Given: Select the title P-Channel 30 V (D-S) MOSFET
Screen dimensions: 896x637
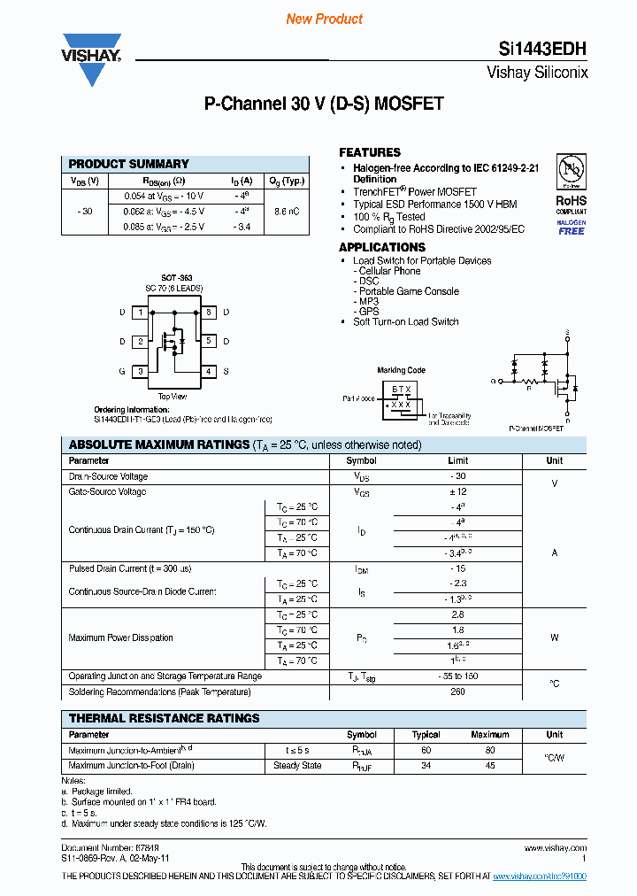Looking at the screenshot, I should pyautogui.click(x=324, y=104).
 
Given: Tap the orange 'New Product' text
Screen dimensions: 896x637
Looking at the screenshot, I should pyautogui.click(x=324, y=19).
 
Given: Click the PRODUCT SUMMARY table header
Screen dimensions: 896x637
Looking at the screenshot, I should pyautogui.click(x=129, y=164).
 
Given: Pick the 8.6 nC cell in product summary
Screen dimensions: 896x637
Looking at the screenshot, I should pyautogui.click(x=287, y=212).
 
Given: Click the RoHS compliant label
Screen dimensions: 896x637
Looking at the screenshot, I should pyautogui.click(x=571, y=205).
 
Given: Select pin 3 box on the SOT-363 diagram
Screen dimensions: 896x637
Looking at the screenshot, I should pyautogui.click(x=140, y=372).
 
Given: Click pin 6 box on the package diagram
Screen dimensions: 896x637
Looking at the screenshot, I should pyautogui.click(x=209, y=313).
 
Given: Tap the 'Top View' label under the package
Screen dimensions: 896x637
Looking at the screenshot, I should pyautogui.click(x=173, y=397).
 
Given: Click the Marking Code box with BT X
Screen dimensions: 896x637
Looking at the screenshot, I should pyautogui.click(x=402, y=397).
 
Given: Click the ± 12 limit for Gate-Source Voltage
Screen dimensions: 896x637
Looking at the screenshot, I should pyautogui.click(x=457, y=491).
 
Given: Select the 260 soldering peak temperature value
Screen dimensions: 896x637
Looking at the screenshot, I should pyautogui.click(x=457, y=692).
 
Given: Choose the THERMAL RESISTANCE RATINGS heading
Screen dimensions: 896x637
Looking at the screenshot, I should pyautogui.click(x=165, y=718).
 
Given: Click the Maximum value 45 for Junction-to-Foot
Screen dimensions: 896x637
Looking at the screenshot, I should pyautogui.click(x=489, y=766).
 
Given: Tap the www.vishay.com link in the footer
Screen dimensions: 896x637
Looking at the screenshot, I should pyautogui.click(x=556, y=848).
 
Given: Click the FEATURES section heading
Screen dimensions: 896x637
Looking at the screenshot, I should pyautogui.click(x=370, y=152).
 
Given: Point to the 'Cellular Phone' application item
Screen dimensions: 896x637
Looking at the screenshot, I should pyautogui.click(x=389, y=271).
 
